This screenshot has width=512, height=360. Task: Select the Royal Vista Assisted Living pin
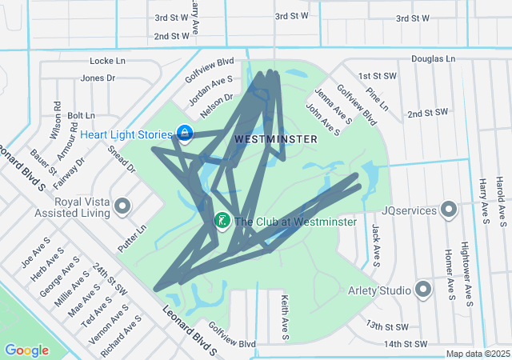[x=122, y=207]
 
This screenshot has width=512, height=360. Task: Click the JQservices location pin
[x=449, y=210]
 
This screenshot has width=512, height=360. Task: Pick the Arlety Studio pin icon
[x=423, y=290]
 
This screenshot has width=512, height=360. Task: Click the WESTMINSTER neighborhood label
[x=276, y=139]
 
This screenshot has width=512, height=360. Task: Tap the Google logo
[x=26, y=350]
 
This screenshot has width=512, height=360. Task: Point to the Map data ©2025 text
[x=477, y=354]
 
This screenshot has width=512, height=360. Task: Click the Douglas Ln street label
[x=433, y=58]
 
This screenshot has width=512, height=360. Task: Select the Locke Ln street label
[x=108, y=61]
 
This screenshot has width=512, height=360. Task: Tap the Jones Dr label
[x=98, y=78]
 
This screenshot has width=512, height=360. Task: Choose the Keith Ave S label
[x=285, y=313]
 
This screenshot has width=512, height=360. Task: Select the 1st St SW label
[x=378, y=76]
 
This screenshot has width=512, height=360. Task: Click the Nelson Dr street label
[x=216, y=103]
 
